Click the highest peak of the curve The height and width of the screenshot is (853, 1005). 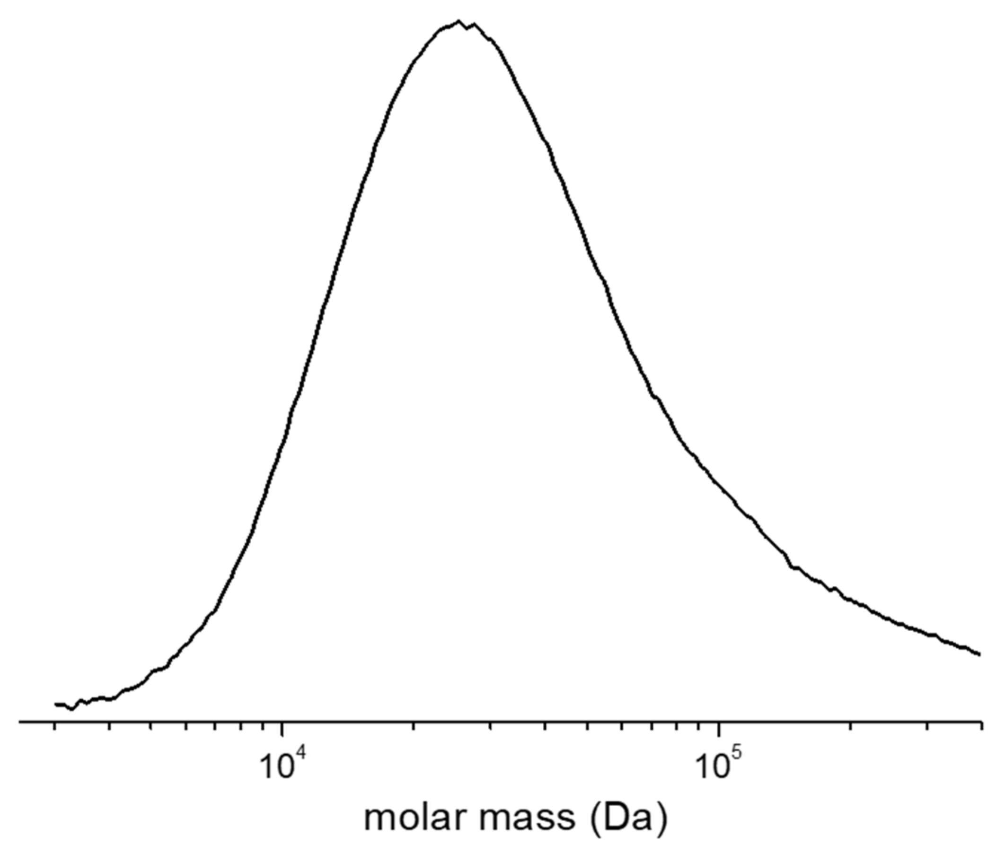point(458,21)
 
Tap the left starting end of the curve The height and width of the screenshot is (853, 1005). point(56,704)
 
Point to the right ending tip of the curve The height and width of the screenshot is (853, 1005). point(980,655)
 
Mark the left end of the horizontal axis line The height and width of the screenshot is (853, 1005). point(19,722)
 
